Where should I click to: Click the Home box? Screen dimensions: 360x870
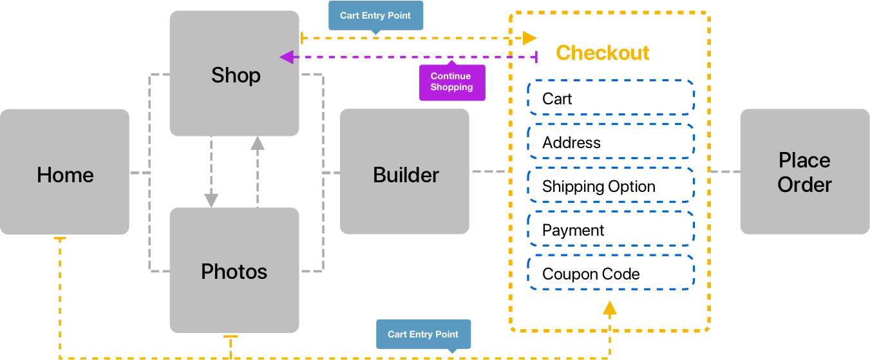pos(64,172)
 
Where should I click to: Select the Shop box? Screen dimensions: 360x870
pos(234,73)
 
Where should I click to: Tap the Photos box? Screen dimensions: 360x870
pos(234,270)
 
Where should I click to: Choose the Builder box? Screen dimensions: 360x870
pos(404,171)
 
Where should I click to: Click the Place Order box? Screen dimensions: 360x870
pos(804,172)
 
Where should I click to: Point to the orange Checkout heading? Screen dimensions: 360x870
pos(602,53)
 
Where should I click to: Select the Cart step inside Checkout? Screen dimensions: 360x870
pos(610,99)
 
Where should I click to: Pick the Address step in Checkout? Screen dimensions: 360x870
pos(610,142)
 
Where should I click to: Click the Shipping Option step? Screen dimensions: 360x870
pos(610,186)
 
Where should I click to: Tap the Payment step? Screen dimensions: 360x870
pos(610,230)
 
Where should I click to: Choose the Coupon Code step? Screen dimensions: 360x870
pos(610,274)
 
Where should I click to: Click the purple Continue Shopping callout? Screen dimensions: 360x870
pos(451,82)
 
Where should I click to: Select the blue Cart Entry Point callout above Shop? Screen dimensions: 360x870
pos(375,15)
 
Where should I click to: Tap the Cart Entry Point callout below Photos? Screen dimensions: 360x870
pos(423,334)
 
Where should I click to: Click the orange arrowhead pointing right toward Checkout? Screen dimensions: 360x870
pos(529,38)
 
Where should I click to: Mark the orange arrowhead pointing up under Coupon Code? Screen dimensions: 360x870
pos(609,308)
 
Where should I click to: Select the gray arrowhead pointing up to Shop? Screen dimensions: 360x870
pos(258,144)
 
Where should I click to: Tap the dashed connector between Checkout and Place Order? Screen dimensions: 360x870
pos(725,172)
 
